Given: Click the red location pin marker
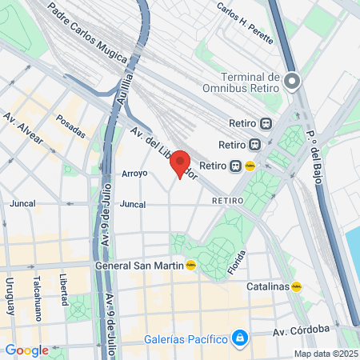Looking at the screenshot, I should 180,163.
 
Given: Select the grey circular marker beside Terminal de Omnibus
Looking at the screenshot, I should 293,80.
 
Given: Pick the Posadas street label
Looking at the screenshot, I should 70,126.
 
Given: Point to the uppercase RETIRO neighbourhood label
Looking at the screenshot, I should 226,200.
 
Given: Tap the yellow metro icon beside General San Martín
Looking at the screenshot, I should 190,266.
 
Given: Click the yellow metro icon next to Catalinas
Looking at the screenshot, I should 297,286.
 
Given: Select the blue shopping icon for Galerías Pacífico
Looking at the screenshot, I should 238,338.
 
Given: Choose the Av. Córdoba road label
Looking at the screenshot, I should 301,330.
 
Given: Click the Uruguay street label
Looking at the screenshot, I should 10,296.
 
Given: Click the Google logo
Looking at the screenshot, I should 26,350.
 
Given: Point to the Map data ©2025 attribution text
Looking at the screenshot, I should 325,354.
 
